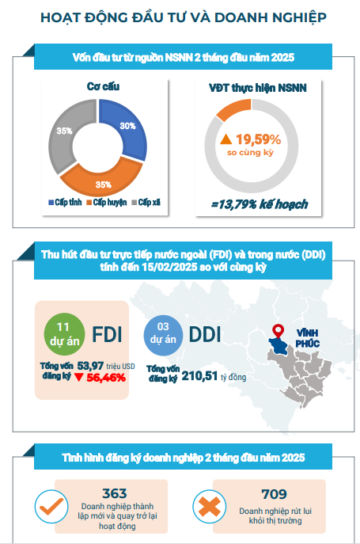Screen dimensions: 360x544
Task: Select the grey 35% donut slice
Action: pos(64,134)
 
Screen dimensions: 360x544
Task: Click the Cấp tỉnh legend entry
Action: pos(65,202)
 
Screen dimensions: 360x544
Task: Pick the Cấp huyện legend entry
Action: pos(107,202)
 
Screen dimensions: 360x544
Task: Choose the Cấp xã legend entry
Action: pos(146,202)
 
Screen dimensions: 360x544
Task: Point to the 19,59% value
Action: pos(259,139)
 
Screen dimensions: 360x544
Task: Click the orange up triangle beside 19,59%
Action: pos(225,139)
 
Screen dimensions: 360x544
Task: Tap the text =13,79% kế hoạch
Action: pos(260,204)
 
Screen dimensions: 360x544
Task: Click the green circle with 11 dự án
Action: pos(65,334)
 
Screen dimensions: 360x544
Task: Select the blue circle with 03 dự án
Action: pos(163,336)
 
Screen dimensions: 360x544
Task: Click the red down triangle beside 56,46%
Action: pos(79,377)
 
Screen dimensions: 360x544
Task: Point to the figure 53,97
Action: pos(90,366)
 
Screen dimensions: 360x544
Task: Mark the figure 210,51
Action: pos(199,376)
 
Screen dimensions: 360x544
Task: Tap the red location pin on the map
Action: pos(278,331)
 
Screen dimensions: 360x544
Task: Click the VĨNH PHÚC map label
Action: pos(308,338)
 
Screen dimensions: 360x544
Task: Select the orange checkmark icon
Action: pos(51,507)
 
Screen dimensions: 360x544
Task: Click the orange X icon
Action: pos(210,507)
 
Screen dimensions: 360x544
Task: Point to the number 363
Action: pos(115,493)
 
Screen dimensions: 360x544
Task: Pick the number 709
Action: pos(274,494)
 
